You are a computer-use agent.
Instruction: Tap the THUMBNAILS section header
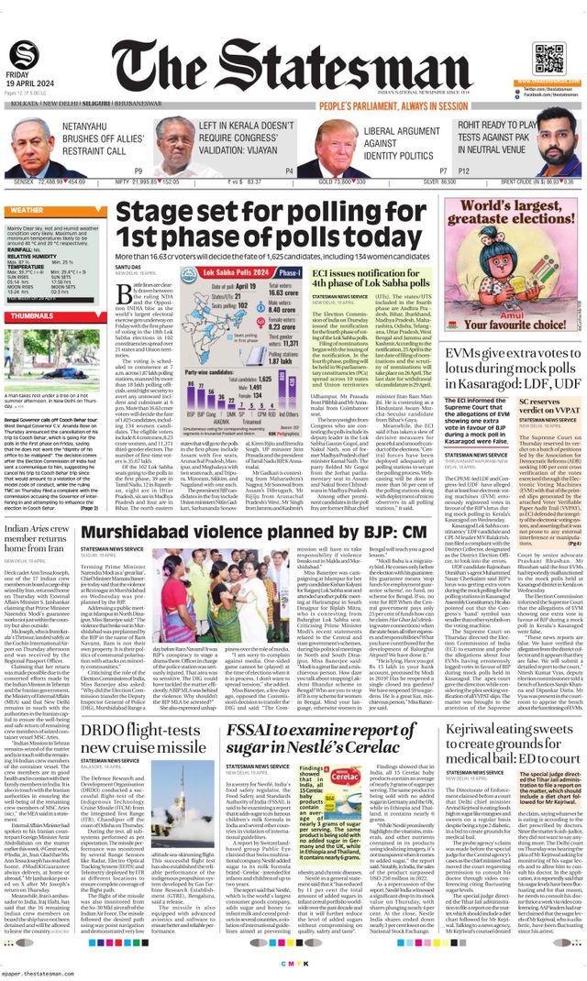[x=32, y=315]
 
